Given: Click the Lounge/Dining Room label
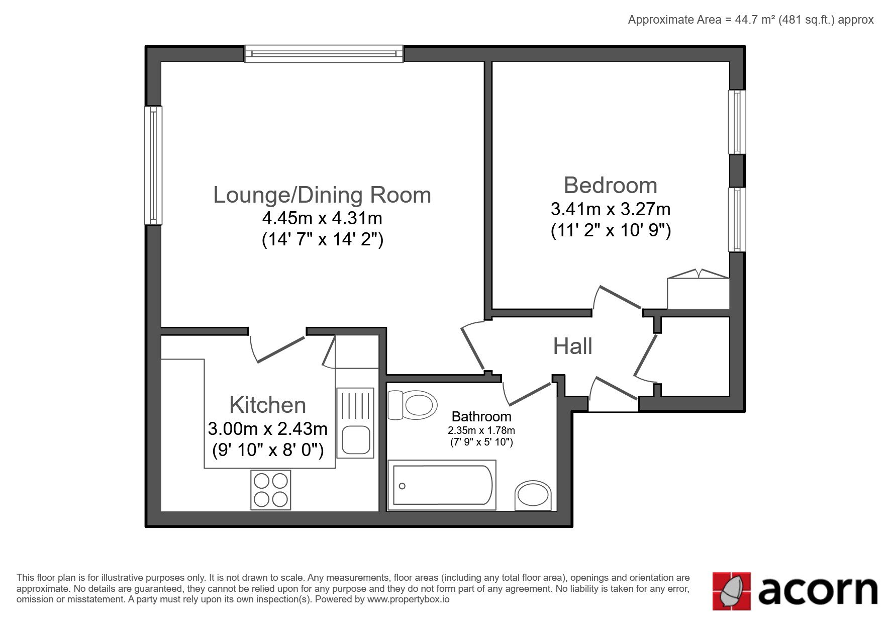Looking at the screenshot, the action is [322, 196].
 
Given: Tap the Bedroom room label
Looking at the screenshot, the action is [611, 185].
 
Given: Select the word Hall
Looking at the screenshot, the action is [572, 346].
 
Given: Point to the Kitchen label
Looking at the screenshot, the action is [267, 405].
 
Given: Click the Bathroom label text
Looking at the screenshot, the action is [481, 416].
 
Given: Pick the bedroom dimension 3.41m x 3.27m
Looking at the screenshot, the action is [611, 209].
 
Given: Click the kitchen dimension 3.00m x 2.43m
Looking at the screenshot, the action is [267, 429].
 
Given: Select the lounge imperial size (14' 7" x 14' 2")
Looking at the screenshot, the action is [322, 239].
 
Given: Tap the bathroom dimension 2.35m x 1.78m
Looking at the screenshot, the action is [481, 430].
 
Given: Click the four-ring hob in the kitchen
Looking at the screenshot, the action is [270, 490].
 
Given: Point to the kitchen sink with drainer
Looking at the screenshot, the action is [355, 422].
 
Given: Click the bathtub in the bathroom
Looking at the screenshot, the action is [442, 485].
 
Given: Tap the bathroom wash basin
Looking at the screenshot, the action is [533, 496].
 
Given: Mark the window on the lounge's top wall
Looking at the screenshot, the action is [324, 53].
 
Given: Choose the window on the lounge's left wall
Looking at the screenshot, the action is [153, 165].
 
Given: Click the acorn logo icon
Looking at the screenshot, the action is [731, 591].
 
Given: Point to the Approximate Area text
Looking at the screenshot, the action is [751, 20].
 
